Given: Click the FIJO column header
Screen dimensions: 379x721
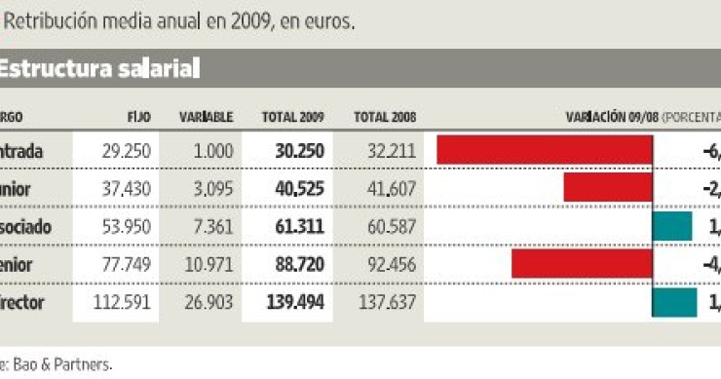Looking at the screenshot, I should point(138,116).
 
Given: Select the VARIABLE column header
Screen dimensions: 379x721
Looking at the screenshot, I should point(206,116).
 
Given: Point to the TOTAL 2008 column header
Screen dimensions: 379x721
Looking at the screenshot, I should point(385,116).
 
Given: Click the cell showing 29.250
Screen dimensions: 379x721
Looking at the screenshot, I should point(125,151).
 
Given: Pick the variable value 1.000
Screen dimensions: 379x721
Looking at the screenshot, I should point(213,151).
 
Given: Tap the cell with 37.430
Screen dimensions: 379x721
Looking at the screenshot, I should point(125,188).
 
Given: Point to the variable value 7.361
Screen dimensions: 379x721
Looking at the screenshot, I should point(213,226).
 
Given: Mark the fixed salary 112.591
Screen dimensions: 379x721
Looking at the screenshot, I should point(121,302).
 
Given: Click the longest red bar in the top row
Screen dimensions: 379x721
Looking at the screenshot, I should point(544,150).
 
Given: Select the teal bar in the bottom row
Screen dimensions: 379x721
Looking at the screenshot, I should point(674,302).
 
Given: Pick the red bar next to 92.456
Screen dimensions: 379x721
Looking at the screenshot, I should point(581,264).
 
